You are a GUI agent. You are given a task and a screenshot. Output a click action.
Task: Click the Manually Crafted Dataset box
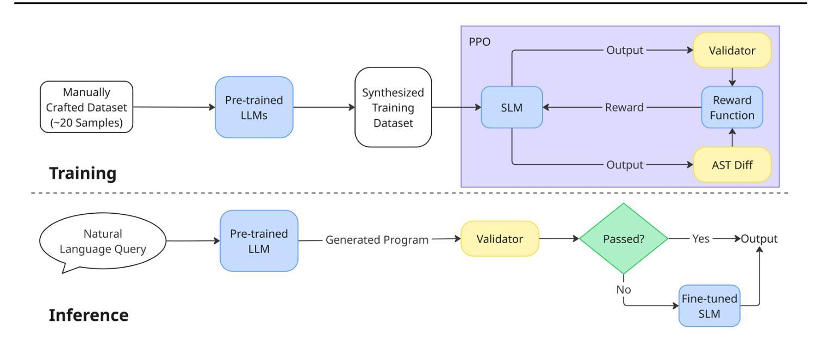pos(87,107)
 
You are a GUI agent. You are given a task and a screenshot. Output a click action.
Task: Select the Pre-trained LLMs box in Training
pos(254,107)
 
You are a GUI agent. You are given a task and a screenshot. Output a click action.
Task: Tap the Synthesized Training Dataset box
pos(393,107)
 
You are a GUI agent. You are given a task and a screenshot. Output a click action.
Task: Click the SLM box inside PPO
pos(512,107)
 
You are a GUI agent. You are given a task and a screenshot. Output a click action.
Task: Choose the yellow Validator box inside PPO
pos(732,50)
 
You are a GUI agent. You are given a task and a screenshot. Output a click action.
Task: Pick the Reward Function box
pos(732,107)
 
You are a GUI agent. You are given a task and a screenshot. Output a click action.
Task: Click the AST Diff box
pos(732,164)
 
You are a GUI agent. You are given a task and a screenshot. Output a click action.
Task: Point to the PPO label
pos(478,41)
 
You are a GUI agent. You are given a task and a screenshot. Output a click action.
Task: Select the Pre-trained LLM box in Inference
pos(259,240)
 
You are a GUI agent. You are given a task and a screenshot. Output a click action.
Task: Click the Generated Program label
pos(377,239)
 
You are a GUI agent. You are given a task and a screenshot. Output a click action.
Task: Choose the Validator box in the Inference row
pos(500,239)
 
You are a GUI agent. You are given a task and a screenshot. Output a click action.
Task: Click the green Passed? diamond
pos(623,239)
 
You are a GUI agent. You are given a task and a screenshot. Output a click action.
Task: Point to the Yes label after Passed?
pos(701,239)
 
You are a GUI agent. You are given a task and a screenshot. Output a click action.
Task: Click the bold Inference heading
pos(89,315)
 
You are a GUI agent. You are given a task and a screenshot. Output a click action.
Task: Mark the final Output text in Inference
pos(760,239)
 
